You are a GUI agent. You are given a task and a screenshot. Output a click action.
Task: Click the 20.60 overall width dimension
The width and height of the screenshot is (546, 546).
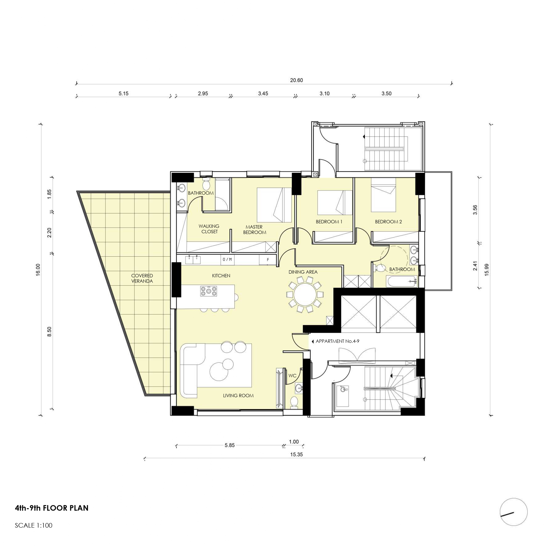point(296,80)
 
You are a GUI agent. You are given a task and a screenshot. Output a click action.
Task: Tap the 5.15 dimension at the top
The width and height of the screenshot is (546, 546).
point(123,93)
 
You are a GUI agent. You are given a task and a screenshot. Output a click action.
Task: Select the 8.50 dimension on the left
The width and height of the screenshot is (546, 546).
point(49,332)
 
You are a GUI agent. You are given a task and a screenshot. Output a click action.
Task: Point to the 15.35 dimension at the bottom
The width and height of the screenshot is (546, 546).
point(296,454)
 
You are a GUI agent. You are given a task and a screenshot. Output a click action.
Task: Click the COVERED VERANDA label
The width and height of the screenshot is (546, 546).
point(142,278)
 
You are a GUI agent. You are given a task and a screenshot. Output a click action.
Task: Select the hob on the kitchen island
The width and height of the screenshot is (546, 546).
point(209,291)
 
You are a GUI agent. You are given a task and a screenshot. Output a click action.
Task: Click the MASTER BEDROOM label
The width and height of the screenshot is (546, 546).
point(255,230)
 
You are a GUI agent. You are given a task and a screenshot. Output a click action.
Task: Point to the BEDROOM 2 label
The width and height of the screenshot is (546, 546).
point(388,222)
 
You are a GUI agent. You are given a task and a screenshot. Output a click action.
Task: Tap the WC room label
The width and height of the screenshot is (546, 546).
point(292,376)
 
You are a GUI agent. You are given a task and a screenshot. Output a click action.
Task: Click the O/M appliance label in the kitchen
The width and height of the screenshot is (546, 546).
point(227,259)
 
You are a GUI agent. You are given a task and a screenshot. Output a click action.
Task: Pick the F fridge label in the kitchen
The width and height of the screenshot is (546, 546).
point(268,260)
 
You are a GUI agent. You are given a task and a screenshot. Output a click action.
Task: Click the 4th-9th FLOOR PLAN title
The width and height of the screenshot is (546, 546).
point(52,508)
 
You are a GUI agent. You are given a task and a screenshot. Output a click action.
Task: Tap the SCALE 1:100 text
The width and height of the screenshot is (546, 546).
point(34,525)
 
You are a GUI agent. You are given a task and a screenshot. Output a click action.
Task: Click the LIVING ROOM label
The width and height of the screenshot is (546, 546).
point(238,396)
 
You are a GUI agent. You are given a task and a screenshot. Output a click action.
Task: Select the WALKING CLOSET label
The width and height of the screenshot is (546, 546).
point(209,229)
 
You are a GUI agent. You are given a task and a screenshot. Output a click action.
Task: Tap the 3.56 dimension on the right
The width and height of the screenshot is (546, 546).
point(475,210)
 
